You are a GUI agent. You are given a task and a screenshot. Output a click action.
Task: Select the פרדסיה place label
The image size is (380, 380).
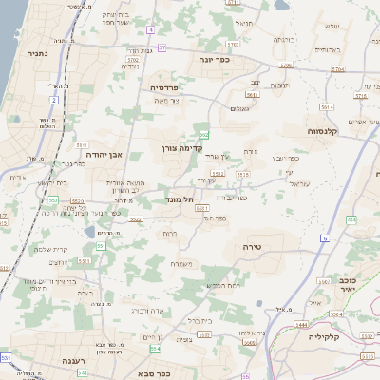click(170, 86)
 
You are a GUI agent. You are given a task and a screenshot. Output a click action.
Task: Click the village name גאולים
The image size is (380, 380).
click(238, 109)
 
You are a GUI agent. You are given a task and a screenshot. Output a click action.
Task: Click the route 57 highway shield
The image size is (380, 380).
click(162, 47)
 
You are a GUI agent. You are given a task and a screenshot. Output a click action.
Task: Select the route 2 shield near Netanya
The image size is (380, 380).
click(55, 100)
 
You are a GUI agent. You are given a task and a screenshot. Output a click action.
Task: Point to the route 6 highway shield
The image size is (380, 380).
click(324, 238)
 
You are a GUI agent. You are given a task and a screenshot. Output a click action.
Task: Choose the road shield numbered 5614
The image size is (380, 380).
click(324, 108)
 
